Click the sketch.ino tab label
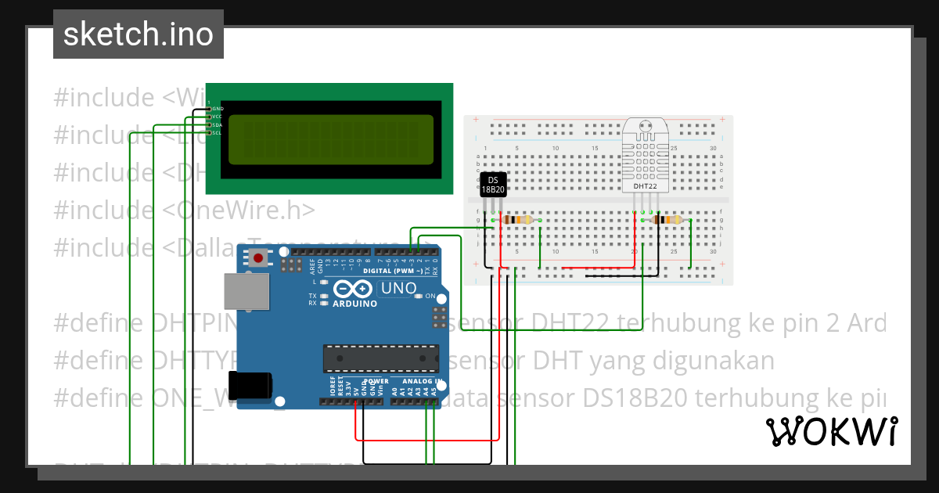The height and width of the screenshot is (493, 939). click(139, 34)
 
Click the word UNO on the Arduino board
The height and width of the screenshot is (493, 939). click(398, 289)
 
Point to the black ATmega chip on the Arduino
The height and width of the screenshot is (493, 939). click(381, 358)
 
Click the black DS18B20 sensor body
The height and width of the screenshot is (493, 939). click(492, 184)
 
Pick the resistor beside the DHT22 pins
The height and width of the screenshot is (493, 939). click(667, 220)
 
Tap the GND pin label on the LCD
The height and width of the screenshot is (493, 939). click(218, 108)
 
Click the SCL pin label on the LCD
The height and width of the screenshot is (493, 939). click(217, 132)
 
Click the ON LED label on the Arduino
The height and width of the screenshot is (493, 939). click(429, 296)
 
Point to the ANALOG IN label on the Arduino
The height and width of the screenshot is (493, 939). click(423, 381)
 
